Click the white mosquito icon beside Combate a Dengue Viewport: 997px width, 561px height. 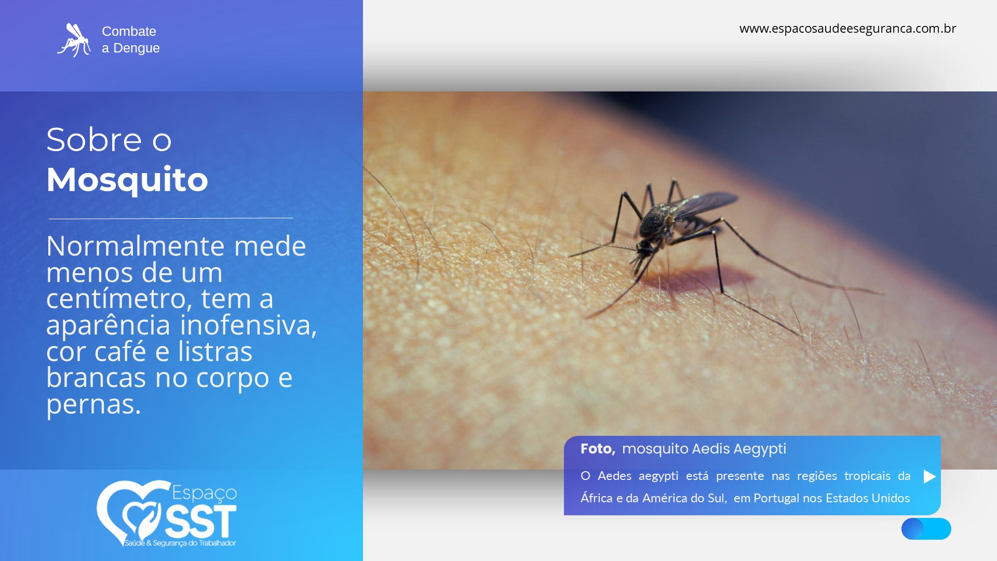74,40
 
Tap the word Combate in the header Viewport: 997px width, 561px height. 129,31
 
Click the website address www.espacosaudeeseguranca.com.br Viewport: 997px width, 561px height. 847,29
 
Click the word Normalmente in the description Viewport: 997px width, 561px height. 136,246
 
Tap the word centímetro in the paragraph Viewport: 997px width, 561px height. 116,299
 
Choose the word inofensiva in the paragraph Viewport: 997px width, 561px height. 248,325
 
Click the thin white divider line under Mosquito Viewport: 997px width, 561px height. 171,218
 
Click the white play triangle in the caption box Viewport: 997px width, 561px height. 929,476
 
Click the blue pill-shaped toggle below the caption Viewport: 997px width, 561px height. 926,529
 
